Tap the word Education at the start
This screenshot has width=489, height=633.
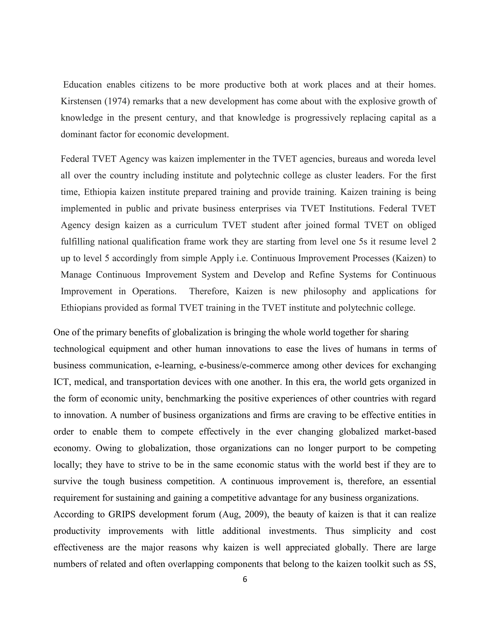(x=83, y=85)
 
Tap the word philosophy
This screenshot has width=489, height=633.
(x=325, y=291)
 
